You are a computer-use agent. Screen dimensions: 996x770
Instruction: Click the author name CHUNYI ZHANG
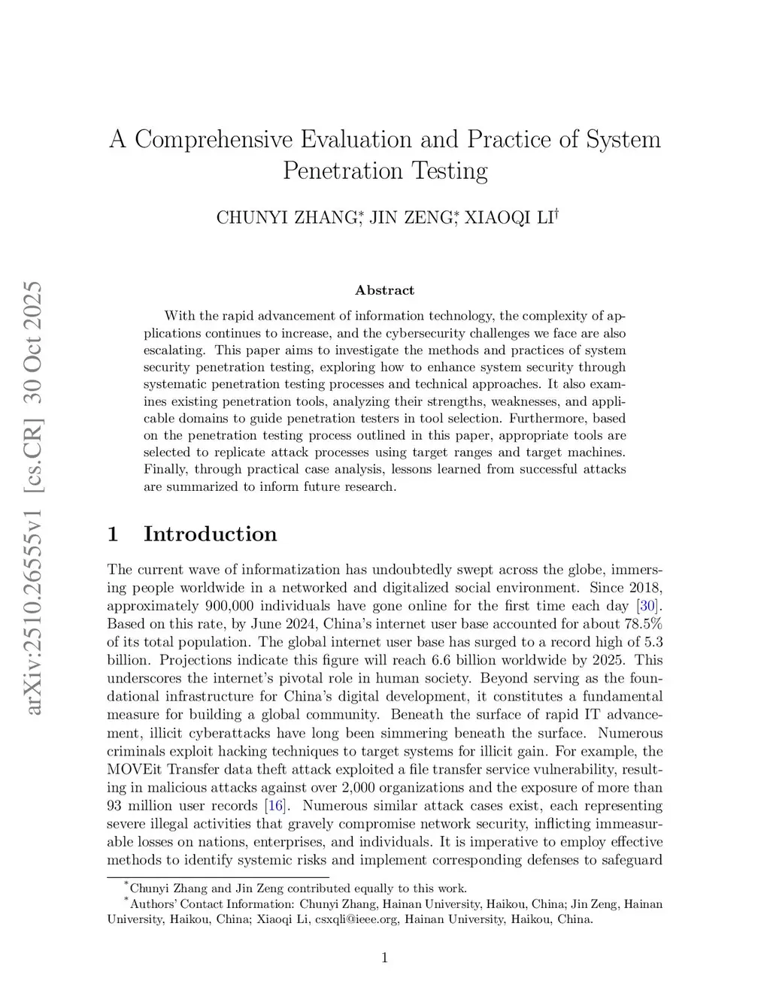point(286,218)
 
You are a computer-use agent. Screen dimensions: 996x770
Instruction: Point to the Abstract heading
point(384,290)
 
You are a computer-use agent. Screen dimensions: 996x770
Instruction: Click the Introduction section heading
point(210,534)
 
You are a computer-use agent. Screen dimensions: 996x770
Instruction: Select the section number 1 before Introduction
point(114,534)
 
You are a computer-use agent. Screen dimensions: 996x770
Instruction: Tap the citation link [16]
point(275,806)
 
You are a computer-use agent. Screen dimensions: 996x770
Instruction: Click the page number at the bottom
point(384,957)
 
